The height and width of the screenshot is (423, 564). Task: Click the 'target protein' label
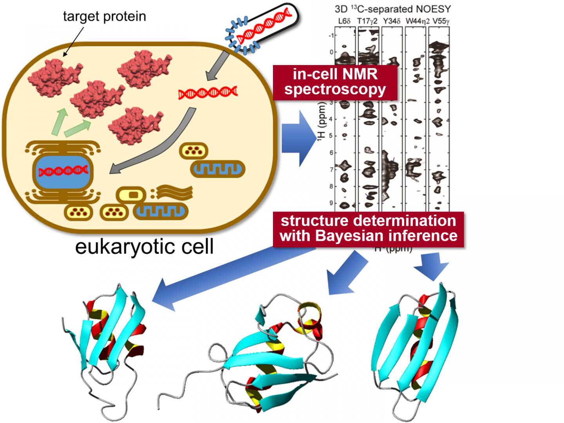coord(104,16)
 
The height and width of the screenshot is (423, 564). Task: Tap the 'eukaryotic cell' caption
coord(144,246)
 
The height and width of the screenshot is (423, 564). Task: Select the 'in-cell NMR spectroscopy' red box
coord(335,82)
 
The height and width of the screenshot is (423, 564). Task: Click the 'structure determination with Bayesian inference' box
coord(369,229)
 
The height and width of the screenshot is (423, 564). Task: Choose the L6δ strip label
coord(345,21)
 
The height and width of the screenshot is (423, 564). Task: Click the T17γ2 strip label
coord(367,21)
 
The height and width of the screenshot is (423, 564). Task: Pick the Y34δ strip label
coord(391,21)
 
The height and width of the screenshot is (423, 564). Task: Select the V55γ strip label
coord(439,21)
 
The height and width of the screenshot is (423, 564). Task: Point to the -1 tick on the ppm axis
coord(331,35)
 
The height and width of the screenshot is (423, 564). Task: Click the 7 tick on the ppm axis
coord(331,170)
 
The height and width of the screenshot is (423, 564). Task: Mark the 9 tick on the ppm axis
coord(331,203)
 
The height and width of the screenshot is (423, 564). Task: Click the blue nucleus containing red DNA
coord(63,171)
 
